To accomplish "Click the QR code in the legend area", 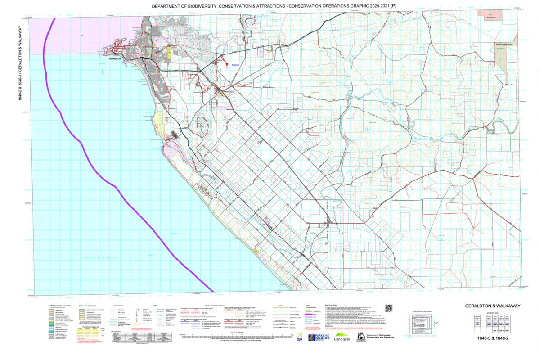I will tap(389, 308).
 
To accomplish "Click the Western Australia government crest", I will tap(361, 337).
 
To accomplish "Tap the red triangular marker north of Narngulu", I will tap(225, 63).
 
